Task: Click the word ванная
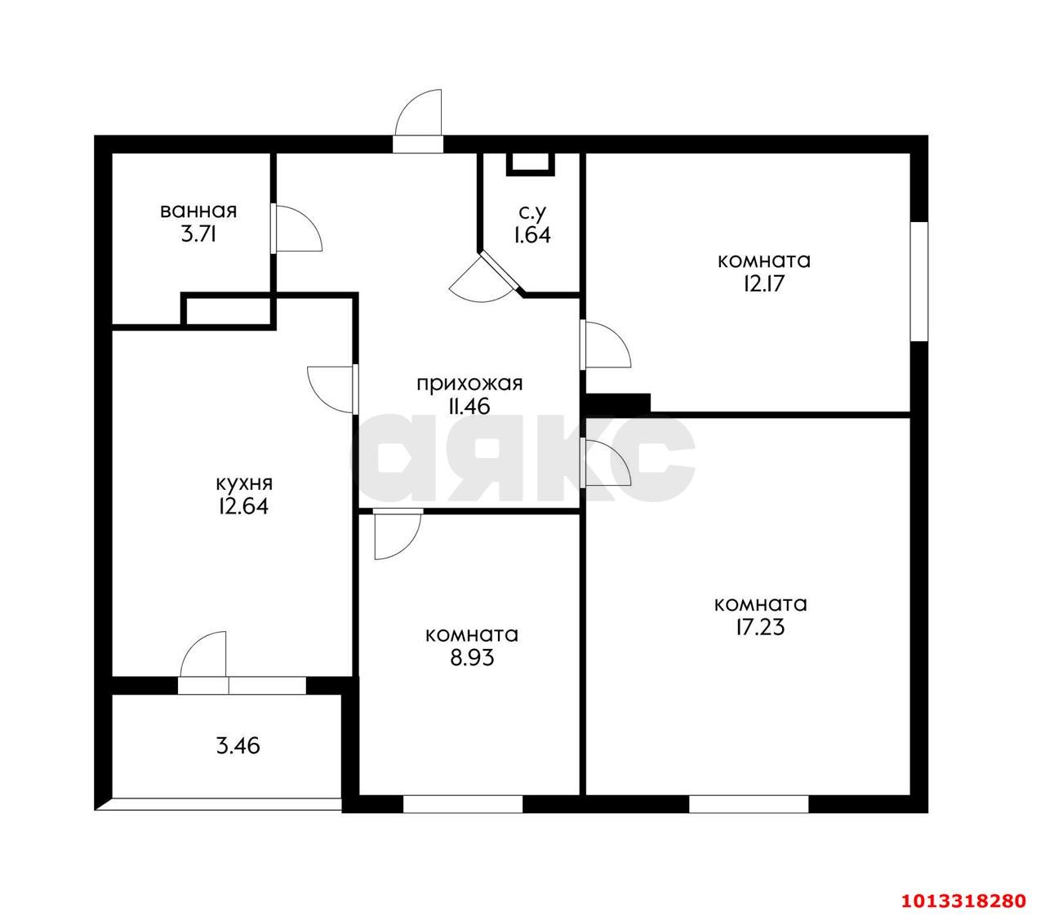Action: pyautogui.click(x=198, y=211)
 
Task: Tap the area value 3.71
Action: pyautogui.click(x=198, y=235)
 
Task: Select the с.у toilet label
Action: pyautogui.click(x=531, y=212)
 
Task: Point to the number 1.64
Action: pyautogui.click(x=531, y=236)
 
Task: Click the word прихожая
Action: pyautogui.click(x=469, y=383)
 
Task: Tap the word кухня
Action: pyautogui.click(x=243, y=482)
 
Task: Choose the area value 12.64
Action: pyautogui.click(x=242, y=506)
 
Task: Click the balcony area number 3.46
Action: pyautogui.click(x=239, y=745)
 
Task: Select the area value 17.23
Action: pyautogui.click(x=761, y=628)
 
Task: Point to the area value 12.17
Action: pyautogui.click(x=763, y=284)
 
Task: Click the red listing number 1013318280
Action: pyautogui.click(x=962, y=901)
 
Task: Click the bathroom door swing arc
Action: pyautogui.click(x=298, y=229)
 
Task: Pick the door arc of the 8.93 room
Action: pyautogui.click(x=396, y=535)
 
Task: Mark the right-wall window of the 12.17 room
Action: pyautogui.click(x=919, y=281)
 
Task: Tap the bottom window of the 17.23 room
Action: pyautogui.click(x=749, y=804)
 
